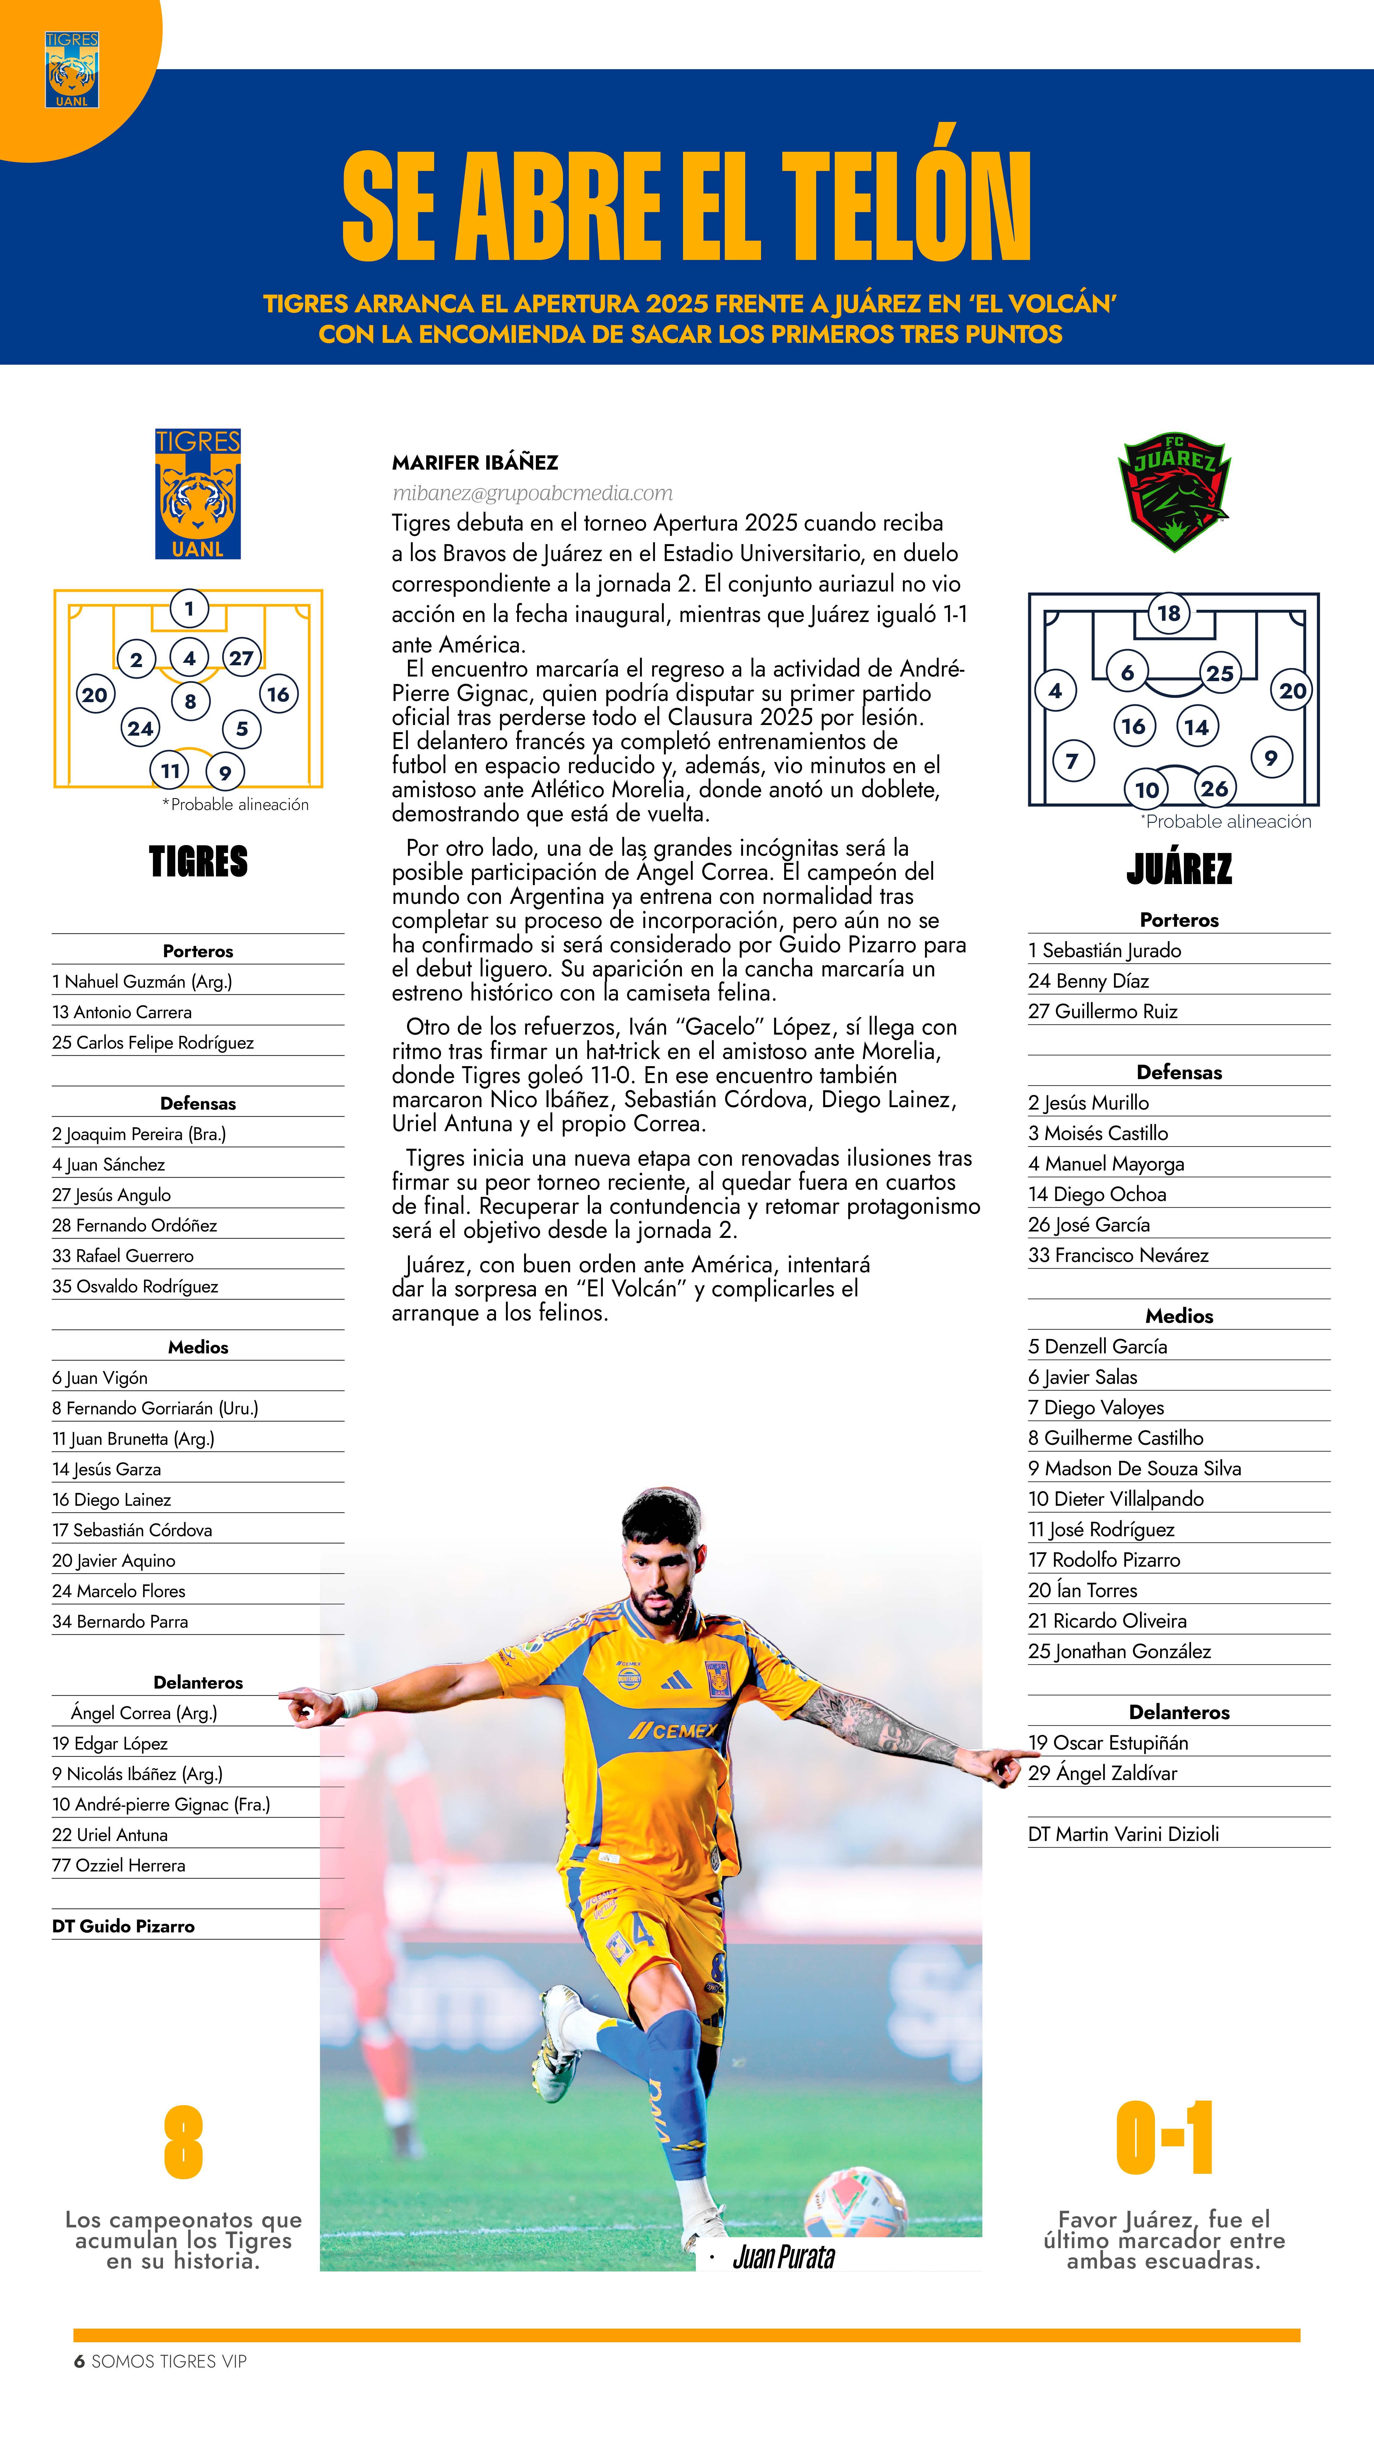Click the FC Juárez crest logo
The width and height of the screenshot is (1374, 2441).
pos(1173,492)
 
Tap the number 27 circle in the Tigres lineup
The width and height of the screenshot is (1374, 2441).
pos(242,658)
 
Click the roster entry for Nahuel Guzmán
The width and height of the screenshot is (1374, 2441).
pos(142,982)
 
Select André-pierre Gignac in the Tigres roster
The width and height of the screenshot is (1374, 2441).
pos(161,1804)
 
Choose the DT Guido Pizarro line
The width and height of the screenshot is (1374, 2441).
pos(123,1927)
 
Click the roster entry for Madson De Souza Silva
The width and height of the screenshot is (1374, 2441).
pos(1134,1469)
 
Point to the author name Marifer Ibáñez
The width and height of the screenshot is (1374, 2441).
pos(475,462)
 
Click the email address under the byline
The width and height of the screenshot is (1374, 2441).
pos(533,493)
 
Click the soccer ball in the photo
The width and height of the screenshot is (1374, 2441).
pos(855,2204)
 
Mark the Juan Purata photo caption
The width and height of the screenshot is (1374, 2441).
pos(784,2258)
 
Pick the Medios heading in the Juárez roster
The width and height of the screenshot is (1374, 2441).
pos(1179,1316)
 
